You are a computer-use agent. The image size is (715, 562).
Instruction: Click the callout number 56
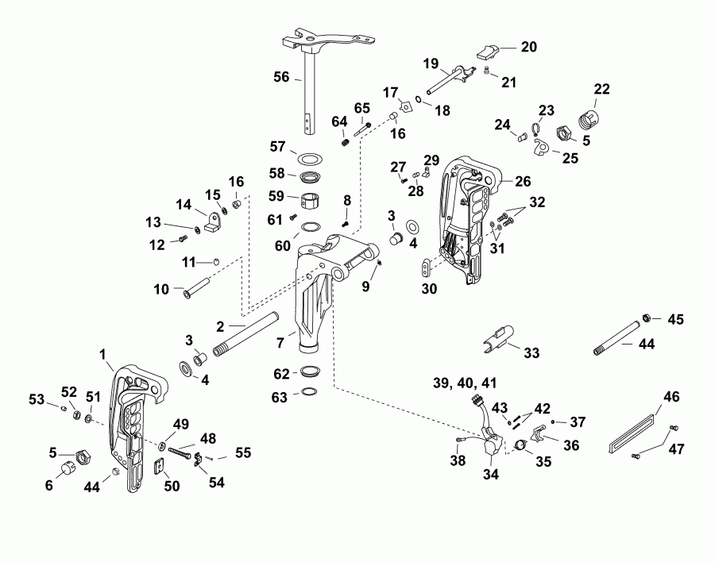coord(281,78)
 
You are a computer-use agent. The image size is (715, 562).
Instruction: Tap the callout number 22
coord(601,89)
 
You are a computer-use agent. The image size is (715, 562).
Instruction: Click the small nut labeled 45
coord(647,318)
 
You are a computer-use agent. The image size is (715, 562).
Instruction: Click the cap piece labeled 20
coord(487,53)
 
